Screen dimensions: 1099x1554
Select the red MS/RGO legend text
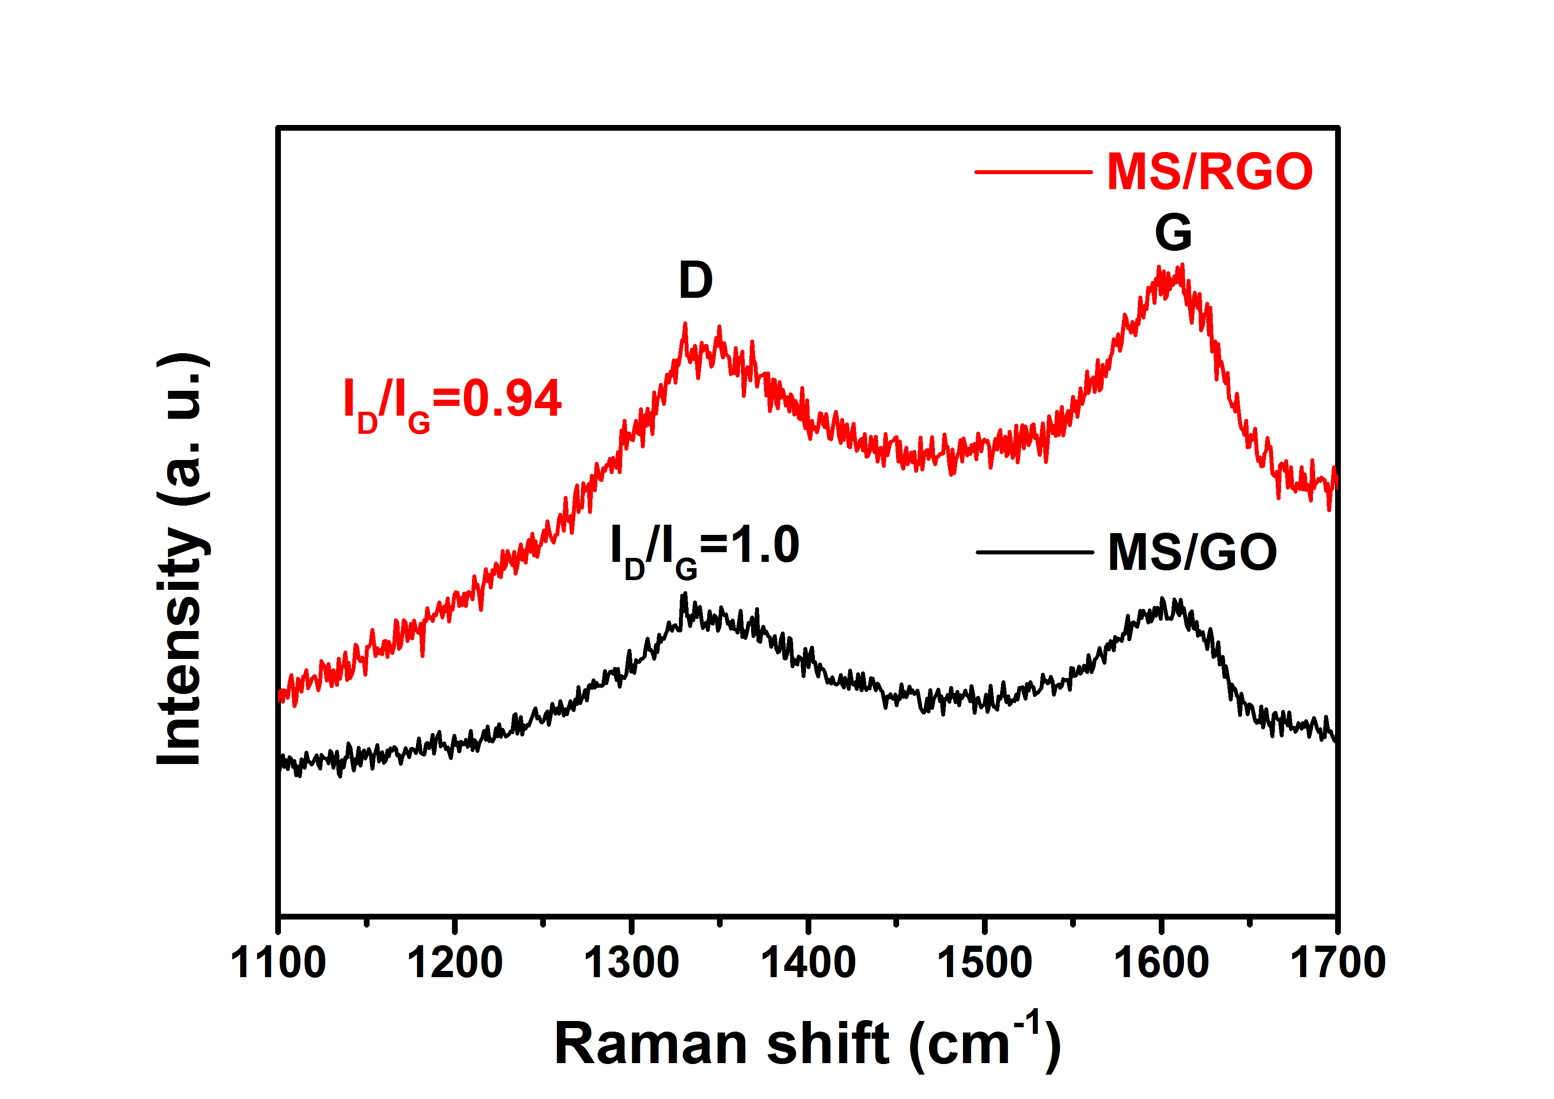click(1210, 172)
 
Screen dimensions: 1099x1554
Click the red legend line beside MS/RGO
click(1033, 172)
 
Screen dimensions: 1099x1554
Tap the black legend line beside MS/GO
click(1034, 552)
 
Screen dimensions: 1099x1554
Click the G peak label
click(1173, 232)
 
